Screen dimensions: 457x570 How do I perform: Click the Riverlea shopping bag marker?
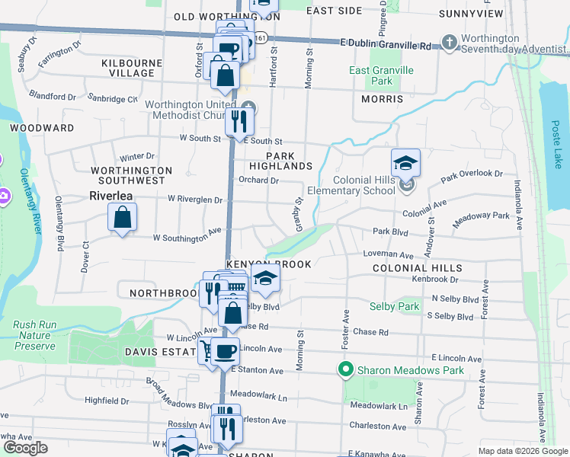click(x=123, y=219)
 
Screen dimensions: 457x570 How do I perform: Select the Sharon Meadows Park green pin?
click(x=345, y=370)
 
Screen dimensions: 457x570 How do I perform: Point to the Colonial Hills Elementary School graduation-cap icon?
click(x=405, y=162)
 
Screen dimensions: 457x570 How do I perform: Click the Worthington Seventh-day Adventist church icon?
click(x=450, y=42)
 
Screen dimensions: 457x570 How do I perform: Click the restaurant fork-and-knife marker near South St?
click(x=239, y=121)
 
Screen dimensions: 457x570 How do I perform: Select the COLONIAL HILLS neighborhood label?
click(x=417, y=268)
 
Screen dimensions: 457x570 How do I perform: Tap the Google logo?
click(x=25, y=448)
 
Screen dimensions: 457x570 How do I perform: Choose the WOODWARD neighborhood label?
click(x=42, y=128)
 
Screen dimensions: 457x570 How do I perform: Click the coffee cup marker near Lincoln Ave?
click(x=225, y=351)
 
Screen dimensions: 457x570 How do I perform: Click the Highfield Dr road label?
click(x=107, y=400)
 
